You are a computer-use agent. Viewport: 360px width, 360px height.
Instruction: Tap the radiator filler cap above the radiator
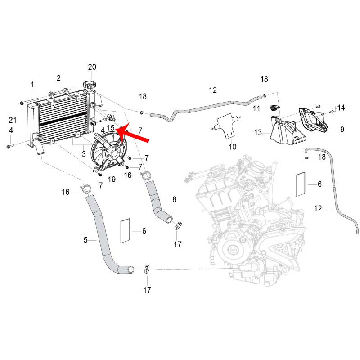point(89,85)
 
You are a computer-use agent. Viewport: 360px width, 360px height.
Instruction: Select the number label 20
point(92,67)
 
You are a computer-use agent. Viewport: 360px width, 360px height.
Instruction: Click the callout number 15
point(111,128)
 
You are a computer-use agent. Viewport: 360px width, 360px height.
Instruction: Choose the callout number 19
point(111,179)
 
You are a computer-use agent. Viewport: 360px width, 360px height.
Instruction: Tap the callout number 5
point(85,240)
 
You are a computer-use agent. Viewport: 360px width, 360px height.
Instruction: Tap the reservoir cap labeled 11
point(274,108)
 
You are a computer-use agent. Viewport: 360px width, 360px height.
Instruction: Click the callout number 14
point(341,108)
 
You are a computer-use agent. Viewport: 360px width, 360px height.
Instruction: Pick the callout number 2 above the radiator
point(58,78)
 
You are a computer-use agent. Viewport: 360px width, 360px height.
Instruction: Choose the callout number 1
point(32,84)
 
